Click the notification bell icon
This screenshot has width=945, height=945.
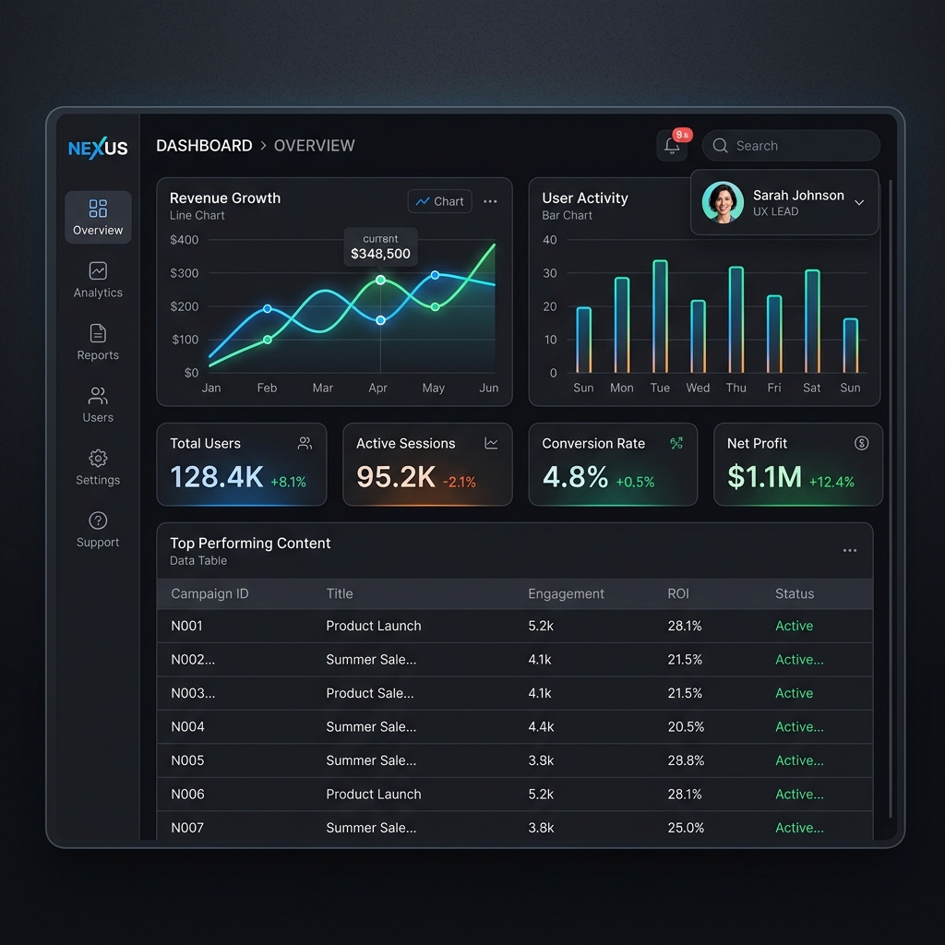pos(672,146)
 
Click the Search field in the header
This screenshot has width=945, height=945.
pos(791,146)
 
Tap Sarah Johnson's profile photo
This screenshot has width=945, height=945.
pos(723,202)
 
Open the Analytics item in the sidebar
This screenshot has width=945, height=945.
pos(98,281)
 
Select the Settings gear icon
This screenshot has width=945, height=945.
pos(98,458)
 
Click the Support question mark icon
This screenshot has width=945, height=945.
pos(98,520)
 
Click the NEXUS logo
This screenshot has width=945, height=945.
pos(98,148)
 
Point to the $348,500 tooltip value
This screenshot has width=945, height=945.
pos(380,254)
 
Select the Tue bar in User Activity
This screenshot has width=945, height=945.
pos(660,317)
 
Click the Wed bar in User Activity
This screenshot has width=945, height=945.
pos(698,336)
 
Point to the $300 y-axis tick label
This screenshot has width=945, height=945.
pos(184,273)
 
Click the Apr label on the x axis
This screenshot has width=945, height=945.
pos(377,388)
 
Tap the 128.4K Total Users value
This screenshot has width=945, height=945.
pos(217,477)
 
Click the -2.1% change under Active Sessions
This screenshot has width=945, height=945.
pos(460,482)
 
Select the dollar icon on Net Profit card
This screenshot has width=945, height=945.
pos(861,443)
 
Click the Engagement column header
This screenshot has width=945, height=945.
pos(566,593)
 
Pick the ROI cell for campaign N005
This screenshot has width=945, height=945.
pos(686,760)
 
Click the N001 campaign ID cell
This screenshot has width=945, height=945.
pos(186,626)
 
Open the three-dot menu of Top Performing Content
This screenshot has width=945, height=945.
pos(850,550)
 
